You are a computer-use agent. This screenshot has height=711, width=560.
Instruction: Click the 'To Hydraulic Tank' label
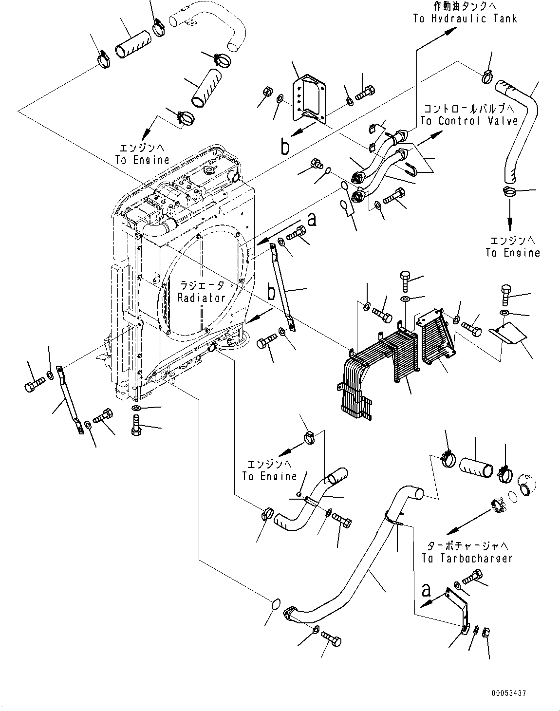pyautogui.click(x=465, y=19)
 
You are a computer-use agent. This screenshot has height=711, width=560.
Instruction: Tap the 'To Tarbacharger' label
pyautogui.click(x=467, y=558)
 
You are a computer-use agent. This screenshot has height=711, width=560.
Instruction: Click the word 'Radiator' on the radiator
pyautogui.click(x=201, y=298)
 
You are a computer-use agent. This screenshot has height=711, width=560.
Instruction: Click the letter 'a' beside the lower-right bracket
pyautogui.click(x=426, y=591)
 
